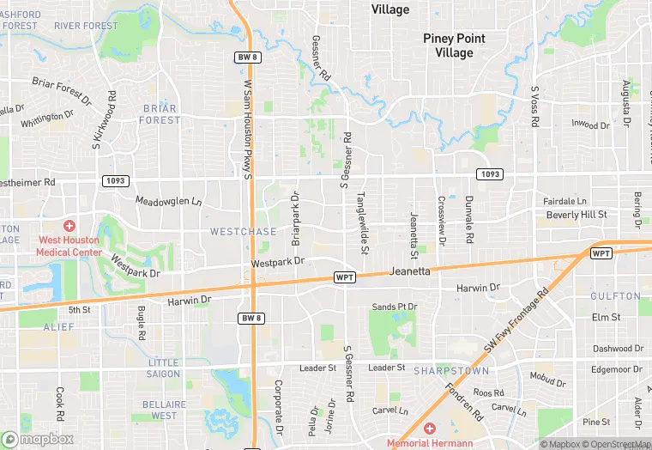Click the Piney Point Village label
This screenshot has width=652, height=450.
tap(454, 46)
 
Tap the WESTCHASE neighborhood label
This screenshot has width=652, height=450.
tap(244, 232)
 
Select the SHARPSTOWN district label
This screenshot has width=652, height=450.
tap(450, 371)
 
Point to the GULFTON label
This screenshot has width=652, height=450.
tap(615, 296)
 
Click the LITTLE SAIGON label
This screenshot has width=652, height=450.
tap(164, 368)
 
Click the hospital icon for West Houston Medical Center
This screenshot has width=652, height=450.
tap(69, 225)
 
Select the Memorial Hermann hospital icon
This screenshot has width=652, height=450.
tap(430, 428)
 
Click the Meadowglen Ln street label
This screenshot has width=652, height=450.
tap(169, 201)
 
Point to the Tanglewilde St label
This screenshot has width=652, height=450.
tap(364, 222)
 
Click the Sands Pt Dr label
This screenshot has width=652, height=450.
tap(394, 307)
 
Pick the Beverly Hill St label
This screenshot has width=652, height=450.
tap(577, 215)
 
